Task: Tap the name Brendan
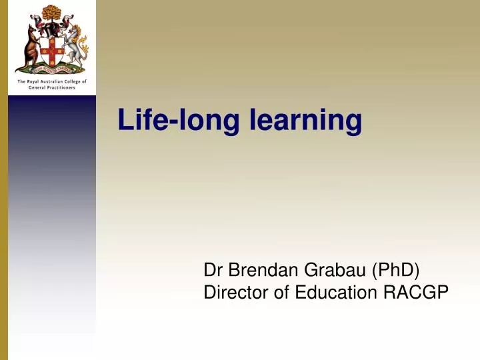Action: click(264, 270)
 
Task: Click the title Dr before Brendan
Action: click(212, 270)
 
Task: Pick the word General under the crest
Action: click(37, 87)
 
